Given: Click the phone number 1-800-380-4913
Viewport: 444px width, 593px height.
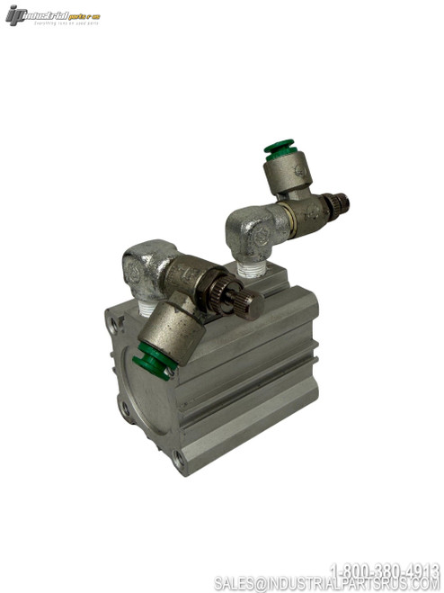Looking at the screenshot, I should click(384, 569).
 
